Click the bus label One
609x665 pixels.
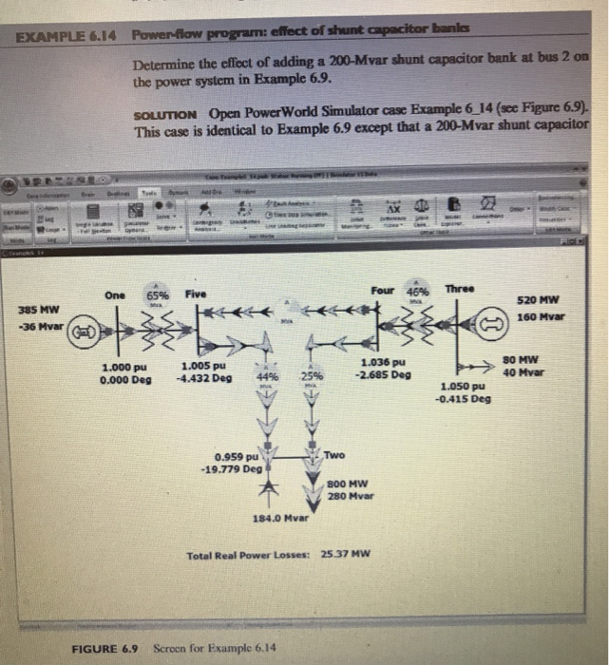pos(116,294)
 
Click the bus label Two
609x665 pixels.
pos(333,456)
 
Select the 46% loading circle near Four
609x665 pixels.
pos(418,291)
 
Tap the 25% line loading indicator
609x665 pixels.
pos(311,376)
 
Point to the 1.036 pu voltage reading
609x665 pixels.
pos(384,362)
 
